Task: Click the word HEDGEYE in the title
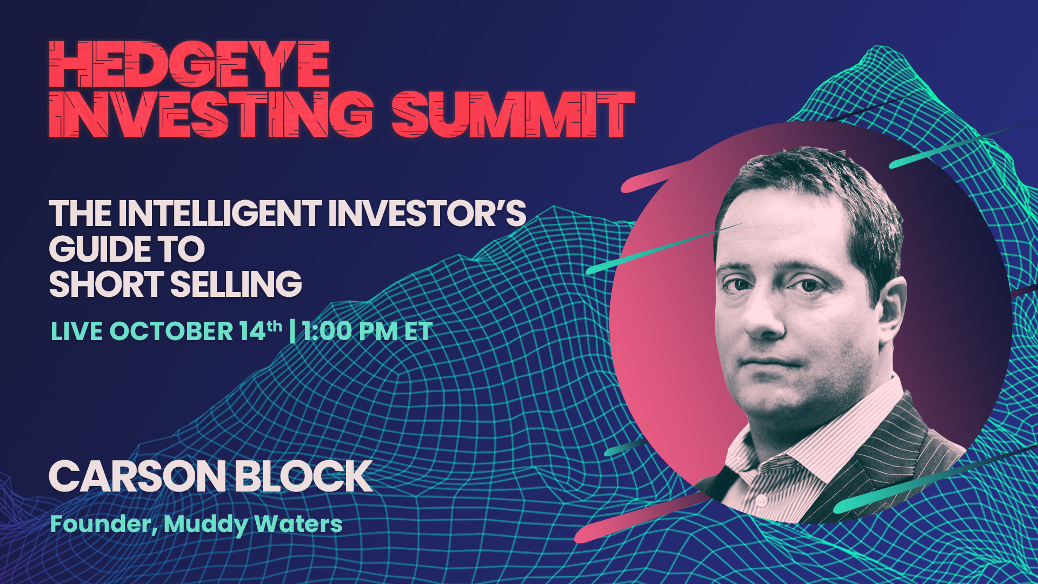click(x=189, y=64)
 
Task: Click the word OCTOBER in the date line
click(x=171, y=331)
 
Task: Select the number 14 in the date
click(x=253, y=331)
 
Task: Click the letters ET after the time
click(x=419, y=331)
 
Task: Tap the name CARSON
click(x=137, y=476)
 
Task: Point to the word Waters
click(x=298, y=524)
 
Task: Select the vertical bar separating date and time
click(x=292, y=331)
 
